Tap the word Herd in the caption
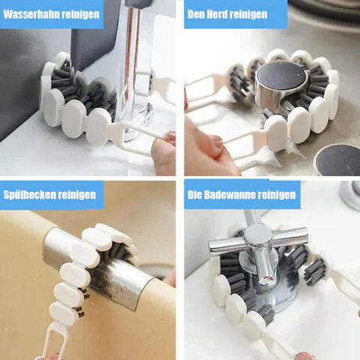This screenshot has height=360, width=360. [217, 14]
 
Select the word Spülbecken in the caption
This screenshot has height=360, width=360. [29, 195]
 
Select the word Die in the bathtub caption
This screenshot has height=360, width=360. [194, 194]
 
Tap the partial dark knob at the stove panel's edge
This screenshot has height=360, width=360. [337, 160]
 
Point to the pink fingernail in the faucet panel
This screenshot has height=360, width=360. [171, 136]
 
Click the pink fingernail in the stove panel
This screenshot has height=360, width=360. [219, 142]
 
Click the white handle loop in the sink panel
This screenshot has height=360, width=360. [53, 340]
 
